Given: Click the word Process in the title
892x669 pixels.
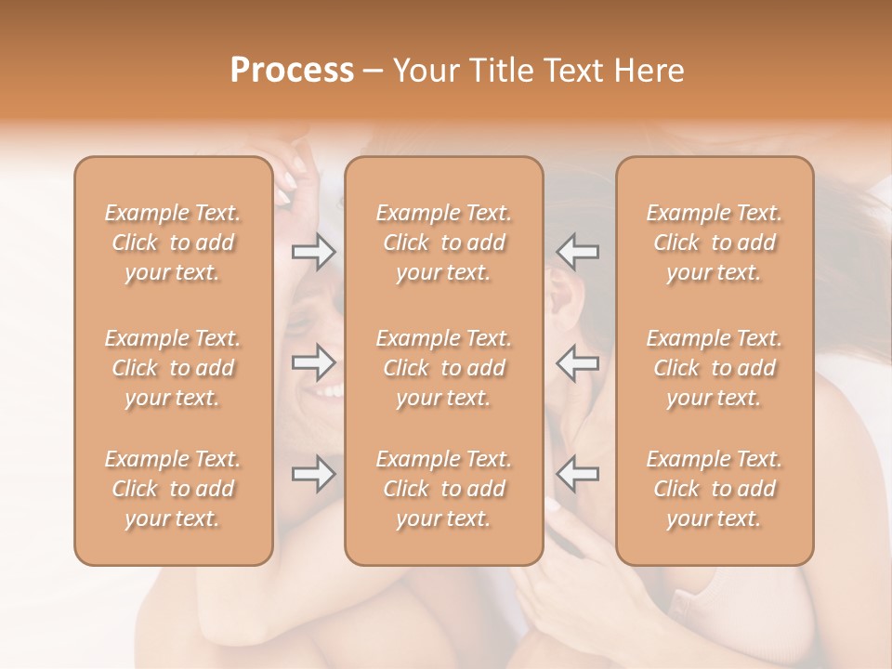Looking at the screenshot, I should pos(292,71).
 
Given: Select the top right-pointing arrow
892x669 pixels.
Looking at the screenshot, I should pos(314,252).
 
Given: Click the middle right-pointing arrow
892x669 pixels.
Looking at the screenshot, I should pos(314,362).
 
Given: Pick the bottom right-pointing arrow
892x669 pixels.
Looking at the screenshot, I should pos(314,474).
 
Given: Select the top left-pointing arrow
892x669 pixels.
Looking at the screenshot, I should pos(577,252).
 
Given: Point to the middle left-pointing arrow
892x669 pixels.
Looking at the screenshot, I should pos(577,362).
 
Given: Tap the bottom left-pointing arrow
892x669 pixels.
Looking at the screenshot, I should pos(577,474).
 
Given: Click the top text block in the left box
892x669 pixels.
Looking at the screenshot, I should pos(173,243).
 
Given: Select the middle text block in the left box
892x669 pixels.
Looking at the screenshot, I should pos(173,368).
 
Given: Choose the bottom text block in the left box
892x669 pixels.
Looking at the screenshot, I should pos(173,489).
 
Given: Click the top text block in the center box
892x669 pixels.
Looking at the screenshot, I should pos(444,243).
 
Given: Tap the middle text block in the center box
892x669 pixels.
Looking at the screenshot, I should pos(444,368).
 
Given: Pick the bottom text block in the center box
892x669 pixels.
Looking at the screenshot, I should pos(444,489).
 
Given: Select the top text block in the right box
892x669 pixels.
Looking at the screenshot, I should pos(715,243).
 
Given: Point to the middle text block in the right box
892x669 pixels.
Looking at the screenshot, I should pos(715,368).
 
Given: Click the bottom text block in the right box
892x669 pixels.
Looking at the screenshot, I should pos(715,489).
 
